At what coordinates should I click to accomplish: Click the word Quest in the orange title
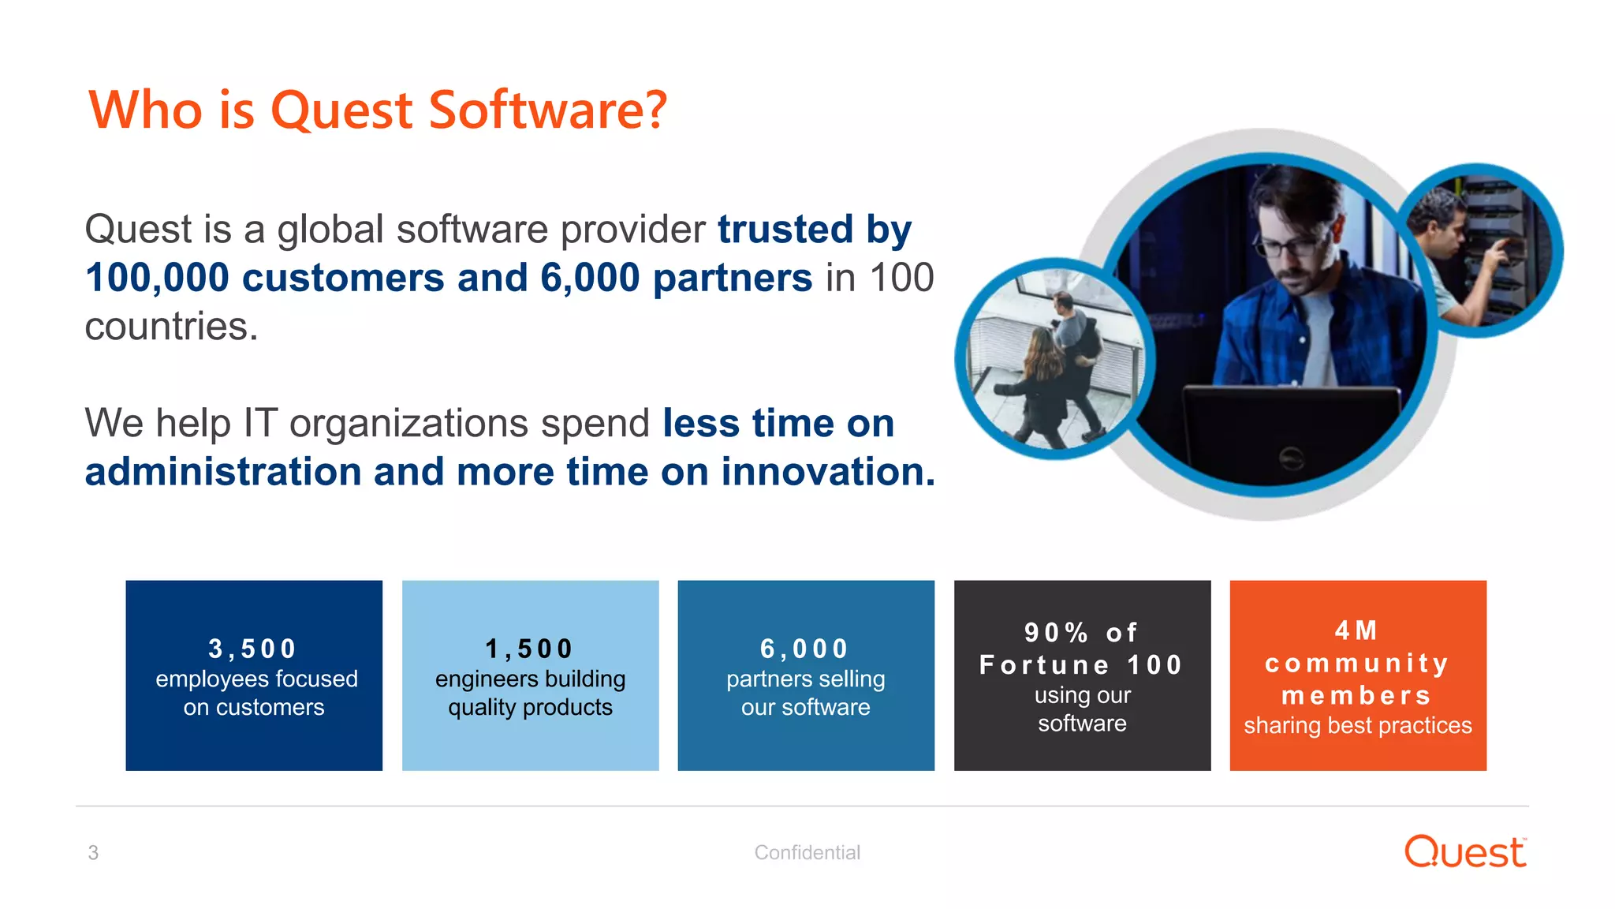(x=341, y=110)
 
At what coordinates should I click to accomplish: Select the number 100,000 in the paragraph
(x=157, y=278)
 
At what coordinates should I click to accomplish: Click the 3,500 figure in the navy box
(x=252, y=649)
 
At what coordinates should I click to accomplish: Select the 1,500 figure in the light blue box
(x=528, y=649)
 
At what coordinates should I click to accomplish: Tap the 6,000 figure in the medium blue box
(x=804, y=649)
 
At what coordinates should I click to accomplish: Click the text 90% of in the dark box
(x=1081, y=633)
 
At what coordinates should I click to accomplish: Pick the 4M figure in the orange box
(x=1356, y=630)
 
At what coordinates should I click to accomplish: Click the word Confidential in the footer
(x=807, y=852)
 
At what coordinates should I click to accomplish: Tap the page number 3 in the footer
(x=93, y=852)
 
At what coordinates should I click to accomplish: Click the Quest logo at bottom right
(x=1465, y=852)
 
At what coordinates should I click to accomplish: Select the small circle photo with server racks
(x=1481, y=251)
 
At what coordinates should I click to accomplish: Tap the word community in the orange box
(x=1356, y=663)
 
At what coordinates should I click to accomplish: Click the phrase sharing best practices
(x=1357, y=725)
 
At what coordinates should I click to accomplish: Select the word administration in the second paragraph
(x=222, y=472)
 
